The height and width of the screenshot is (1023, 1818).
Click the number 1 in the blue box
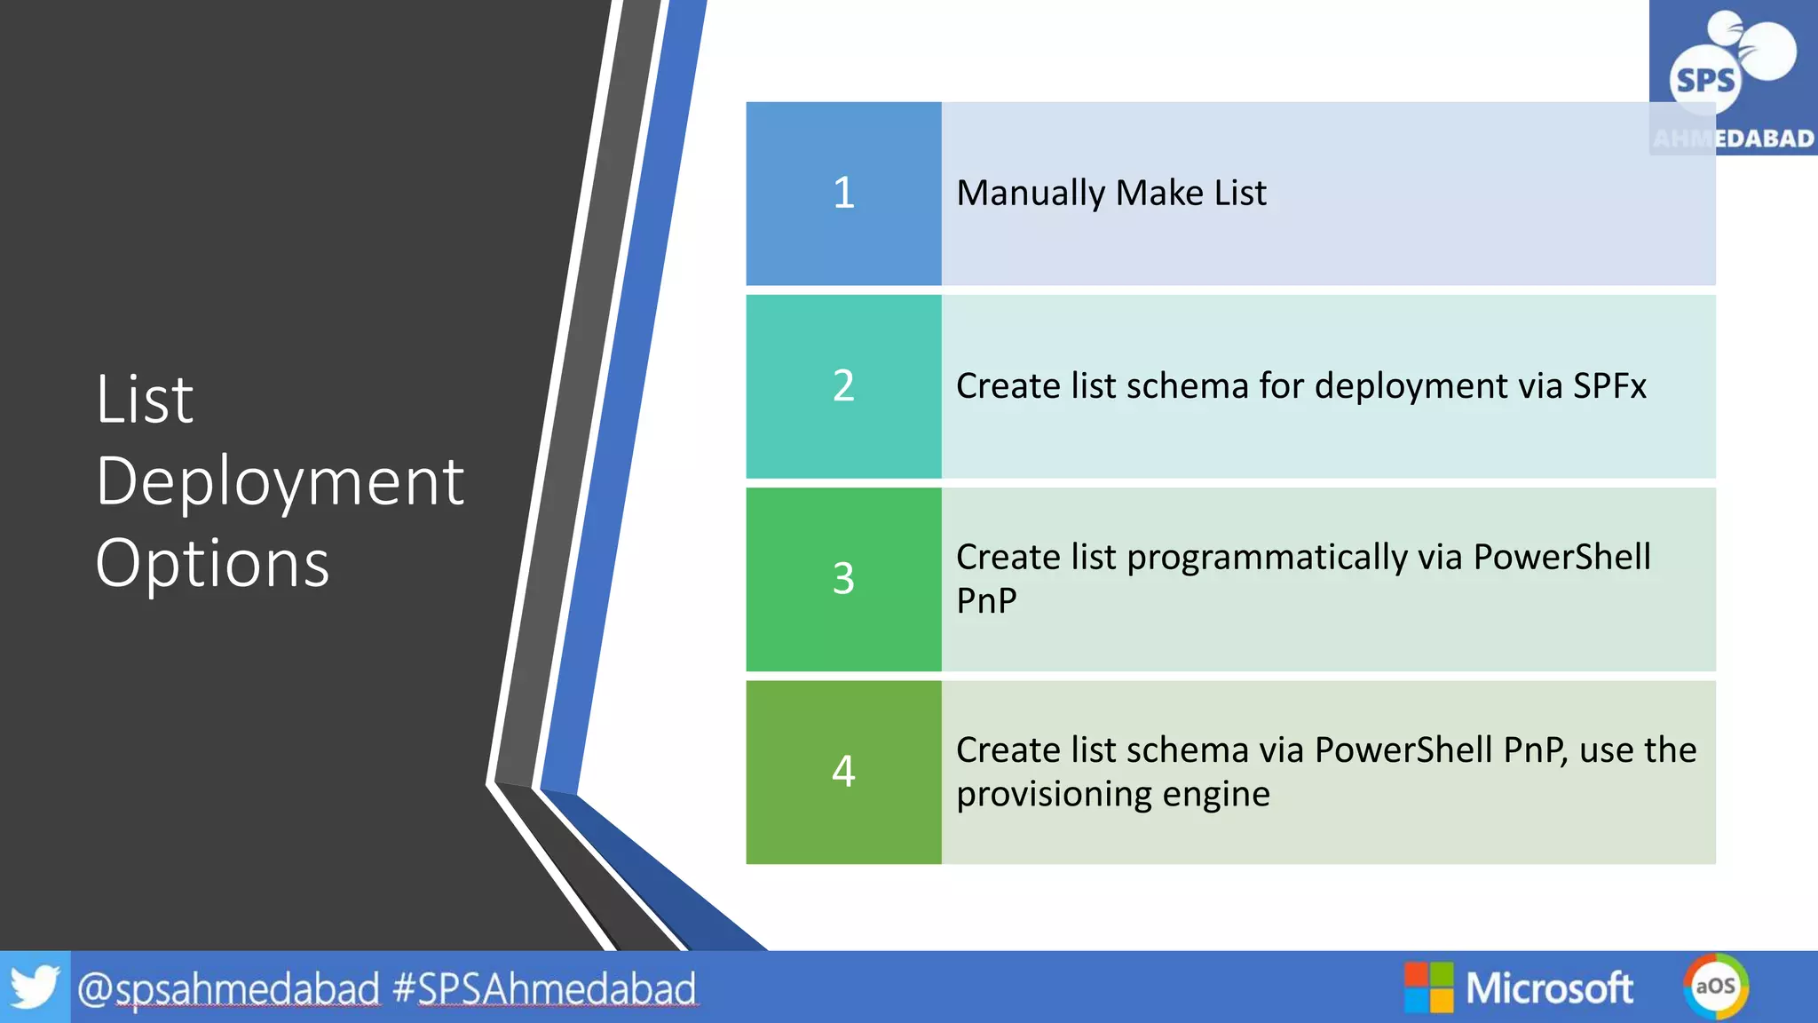(843, 193)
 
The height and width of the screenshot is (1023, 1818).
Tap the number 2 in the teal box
(843, 386)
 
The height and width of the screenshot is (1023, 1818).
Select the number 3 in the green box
(843, 579)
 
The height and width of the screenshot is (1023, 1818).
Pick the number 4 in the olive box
(843, 771)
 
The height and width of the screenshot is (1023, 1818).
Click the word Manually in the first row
(1031, 194)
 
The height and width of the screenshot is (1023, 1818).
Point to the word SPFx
(1609, 386)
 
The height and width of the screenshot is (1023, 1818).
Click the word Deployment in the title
(280, 482)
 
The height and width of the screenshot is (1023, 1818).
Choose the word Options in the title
(212, 564)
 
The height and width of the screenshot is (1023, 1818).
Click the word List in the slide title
(145, 400)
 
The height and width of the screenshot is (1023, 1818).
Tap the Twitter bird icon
(34, 987)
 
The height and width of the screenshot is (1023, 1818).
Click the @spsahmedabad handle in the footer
(228, 988)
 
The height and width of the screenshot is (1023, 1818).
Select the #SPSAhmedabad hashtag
(544, 988)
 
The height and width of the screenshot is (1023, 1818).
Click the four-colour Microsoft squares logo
(1428, 987)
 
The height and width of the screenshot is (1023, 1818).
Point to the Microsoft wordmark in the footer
(1549, 987)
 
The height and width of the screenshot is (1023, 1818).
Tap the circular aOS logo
(1715, 986)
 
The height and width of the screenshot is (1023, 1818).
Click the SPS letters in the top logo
(1704, 81)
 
